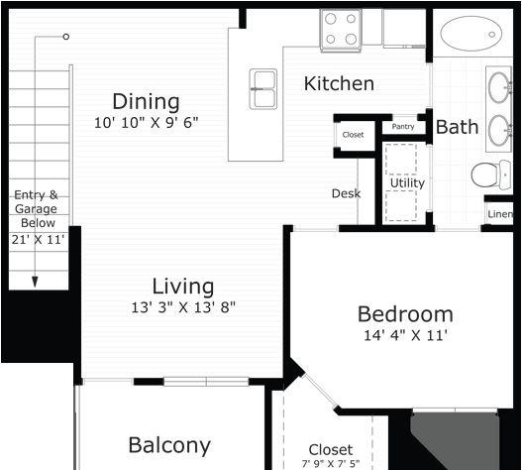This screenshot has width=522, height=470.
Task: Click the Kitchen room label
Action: [339, 83]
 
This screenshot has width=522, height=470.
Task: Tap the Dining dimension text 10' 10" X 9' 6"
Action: [147, 123]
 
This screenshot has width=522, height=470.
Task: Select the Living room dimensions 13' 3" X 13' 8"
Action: [183, 307]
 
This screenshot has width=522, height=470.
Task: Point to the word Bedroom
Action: [405, 314]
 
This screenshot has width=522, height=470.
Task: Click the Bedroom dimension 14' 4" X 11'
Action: [405, 335]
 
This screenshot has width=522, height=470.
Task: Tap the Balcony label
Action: [169, 445]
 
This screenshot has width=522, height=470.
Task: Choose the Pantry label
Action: [403, 127]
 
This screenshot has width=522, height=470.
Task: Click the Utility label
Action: [407, 183]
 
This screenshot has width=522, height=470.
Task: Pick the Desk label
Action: [347, 193]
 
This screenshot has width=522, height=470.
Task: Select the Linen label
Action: [500, 214]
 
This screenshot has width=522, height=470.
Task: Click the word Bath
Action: [457, 127]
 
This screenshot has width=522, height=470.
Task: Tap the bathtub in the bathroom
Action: [471, 34]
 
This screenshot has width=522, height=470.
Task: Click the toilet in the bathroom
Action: [491, 175]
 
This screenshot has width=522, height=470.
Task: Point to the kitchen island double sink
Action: [263, 89]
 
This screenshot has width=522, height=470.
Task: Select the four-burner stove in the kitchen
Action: [341, 30]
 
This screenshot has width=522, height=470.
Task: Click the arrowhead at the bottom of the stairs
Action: [35, 282]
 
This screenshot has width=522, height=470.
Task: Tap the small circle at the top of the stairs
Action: [66, 37]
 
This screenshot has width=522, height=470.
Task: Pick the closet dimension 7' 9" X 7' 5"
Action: [331, 464]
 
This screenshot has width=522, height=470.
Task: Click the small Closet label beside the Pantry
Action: [353, 135]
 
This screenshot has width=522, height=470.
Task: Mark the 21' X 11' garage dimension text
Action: [38, 239]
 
